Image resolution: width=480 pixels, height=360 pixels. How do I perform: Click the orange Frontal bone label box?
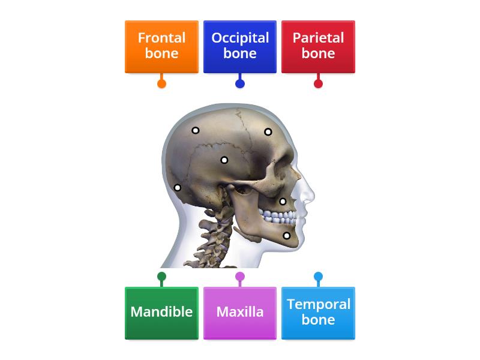point(161,47)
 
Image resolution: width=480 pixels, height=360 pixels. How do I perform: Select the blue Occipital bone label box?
point(240,47)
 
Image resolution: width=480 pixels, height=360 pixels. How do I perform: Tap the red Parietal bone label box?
point(318,47)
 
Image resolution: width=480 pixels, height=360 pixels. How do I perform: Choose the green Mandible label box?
point(161,313)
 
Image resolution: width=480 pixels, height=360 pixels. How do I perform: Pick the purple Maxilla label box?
point(240,313)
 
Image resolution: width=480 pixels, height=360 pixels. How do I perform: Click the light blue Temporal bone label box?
point(318,313)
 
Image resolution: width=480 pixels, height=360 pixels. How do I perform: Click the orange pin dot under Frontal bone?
point(161,83)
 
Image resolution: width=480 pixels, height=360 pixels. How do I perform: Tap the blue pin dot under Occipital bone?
point(240,83)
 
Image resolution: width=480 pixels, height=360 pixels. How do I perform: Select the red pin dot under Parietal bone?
point(318,83)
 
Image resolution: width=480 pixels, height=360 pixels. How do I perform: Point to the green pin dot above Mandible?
point(161,277)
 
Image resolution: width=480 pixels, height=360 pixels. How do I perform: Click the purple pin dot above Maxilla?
point(240,277)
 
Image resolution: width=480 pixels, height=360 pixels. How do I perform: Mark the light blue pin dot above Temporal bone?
point(318,277)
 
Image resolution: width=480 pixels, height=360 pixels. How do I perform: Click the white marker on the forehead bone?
point(268,132)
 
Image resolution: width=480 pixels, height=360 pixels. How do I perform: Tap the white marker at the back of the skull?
point(178,188)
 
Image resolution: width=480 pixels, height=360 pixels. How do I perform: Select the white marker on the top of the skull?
point(196,130)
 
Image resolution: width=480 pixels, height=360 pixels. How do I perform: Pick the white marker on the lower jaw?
point(287,235)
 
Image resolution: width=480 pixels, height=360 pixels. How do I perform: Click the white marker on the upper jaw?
point(283,202)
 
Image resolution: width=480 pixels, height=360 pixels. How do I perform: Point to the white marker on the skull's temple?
point(224,160)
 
